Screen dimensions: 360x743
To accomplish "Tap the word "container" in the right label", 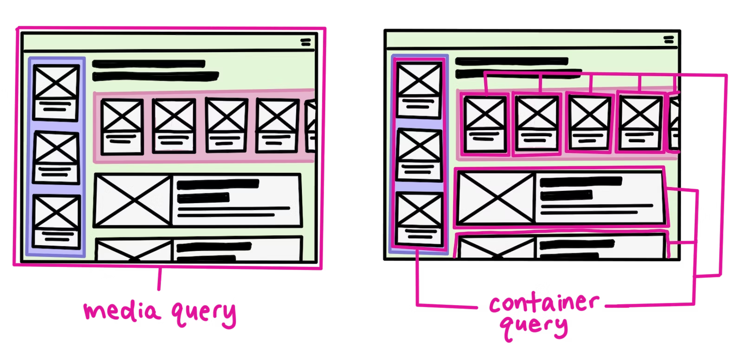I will point(544,303).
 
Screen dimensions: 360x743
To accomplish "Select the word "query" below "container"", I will point(534,327).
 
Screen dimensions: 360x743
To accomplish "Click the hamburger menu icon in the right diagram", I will point(669,40).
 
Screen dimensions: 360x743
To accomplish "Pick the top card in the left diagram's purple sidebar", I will point(57,92).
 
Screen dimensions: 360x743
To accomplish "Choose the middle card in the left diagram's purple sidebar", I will point(57,157).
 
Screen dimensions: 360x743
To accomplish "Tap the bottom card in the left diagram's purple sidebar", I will point(57,221).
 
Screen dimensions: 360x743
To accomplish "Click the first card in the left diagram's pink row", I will point(122,126).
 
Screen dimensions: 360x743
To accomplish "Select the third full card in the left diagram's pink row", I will point(226,125).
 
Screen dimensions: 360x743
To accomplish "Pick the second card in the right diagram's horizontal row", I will point(537,124).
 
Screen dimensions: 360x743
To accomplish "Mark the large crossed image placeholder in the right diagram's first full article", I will point(496,198).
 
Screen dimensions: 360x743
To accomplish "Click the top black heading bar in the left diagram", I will point(149,64).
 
